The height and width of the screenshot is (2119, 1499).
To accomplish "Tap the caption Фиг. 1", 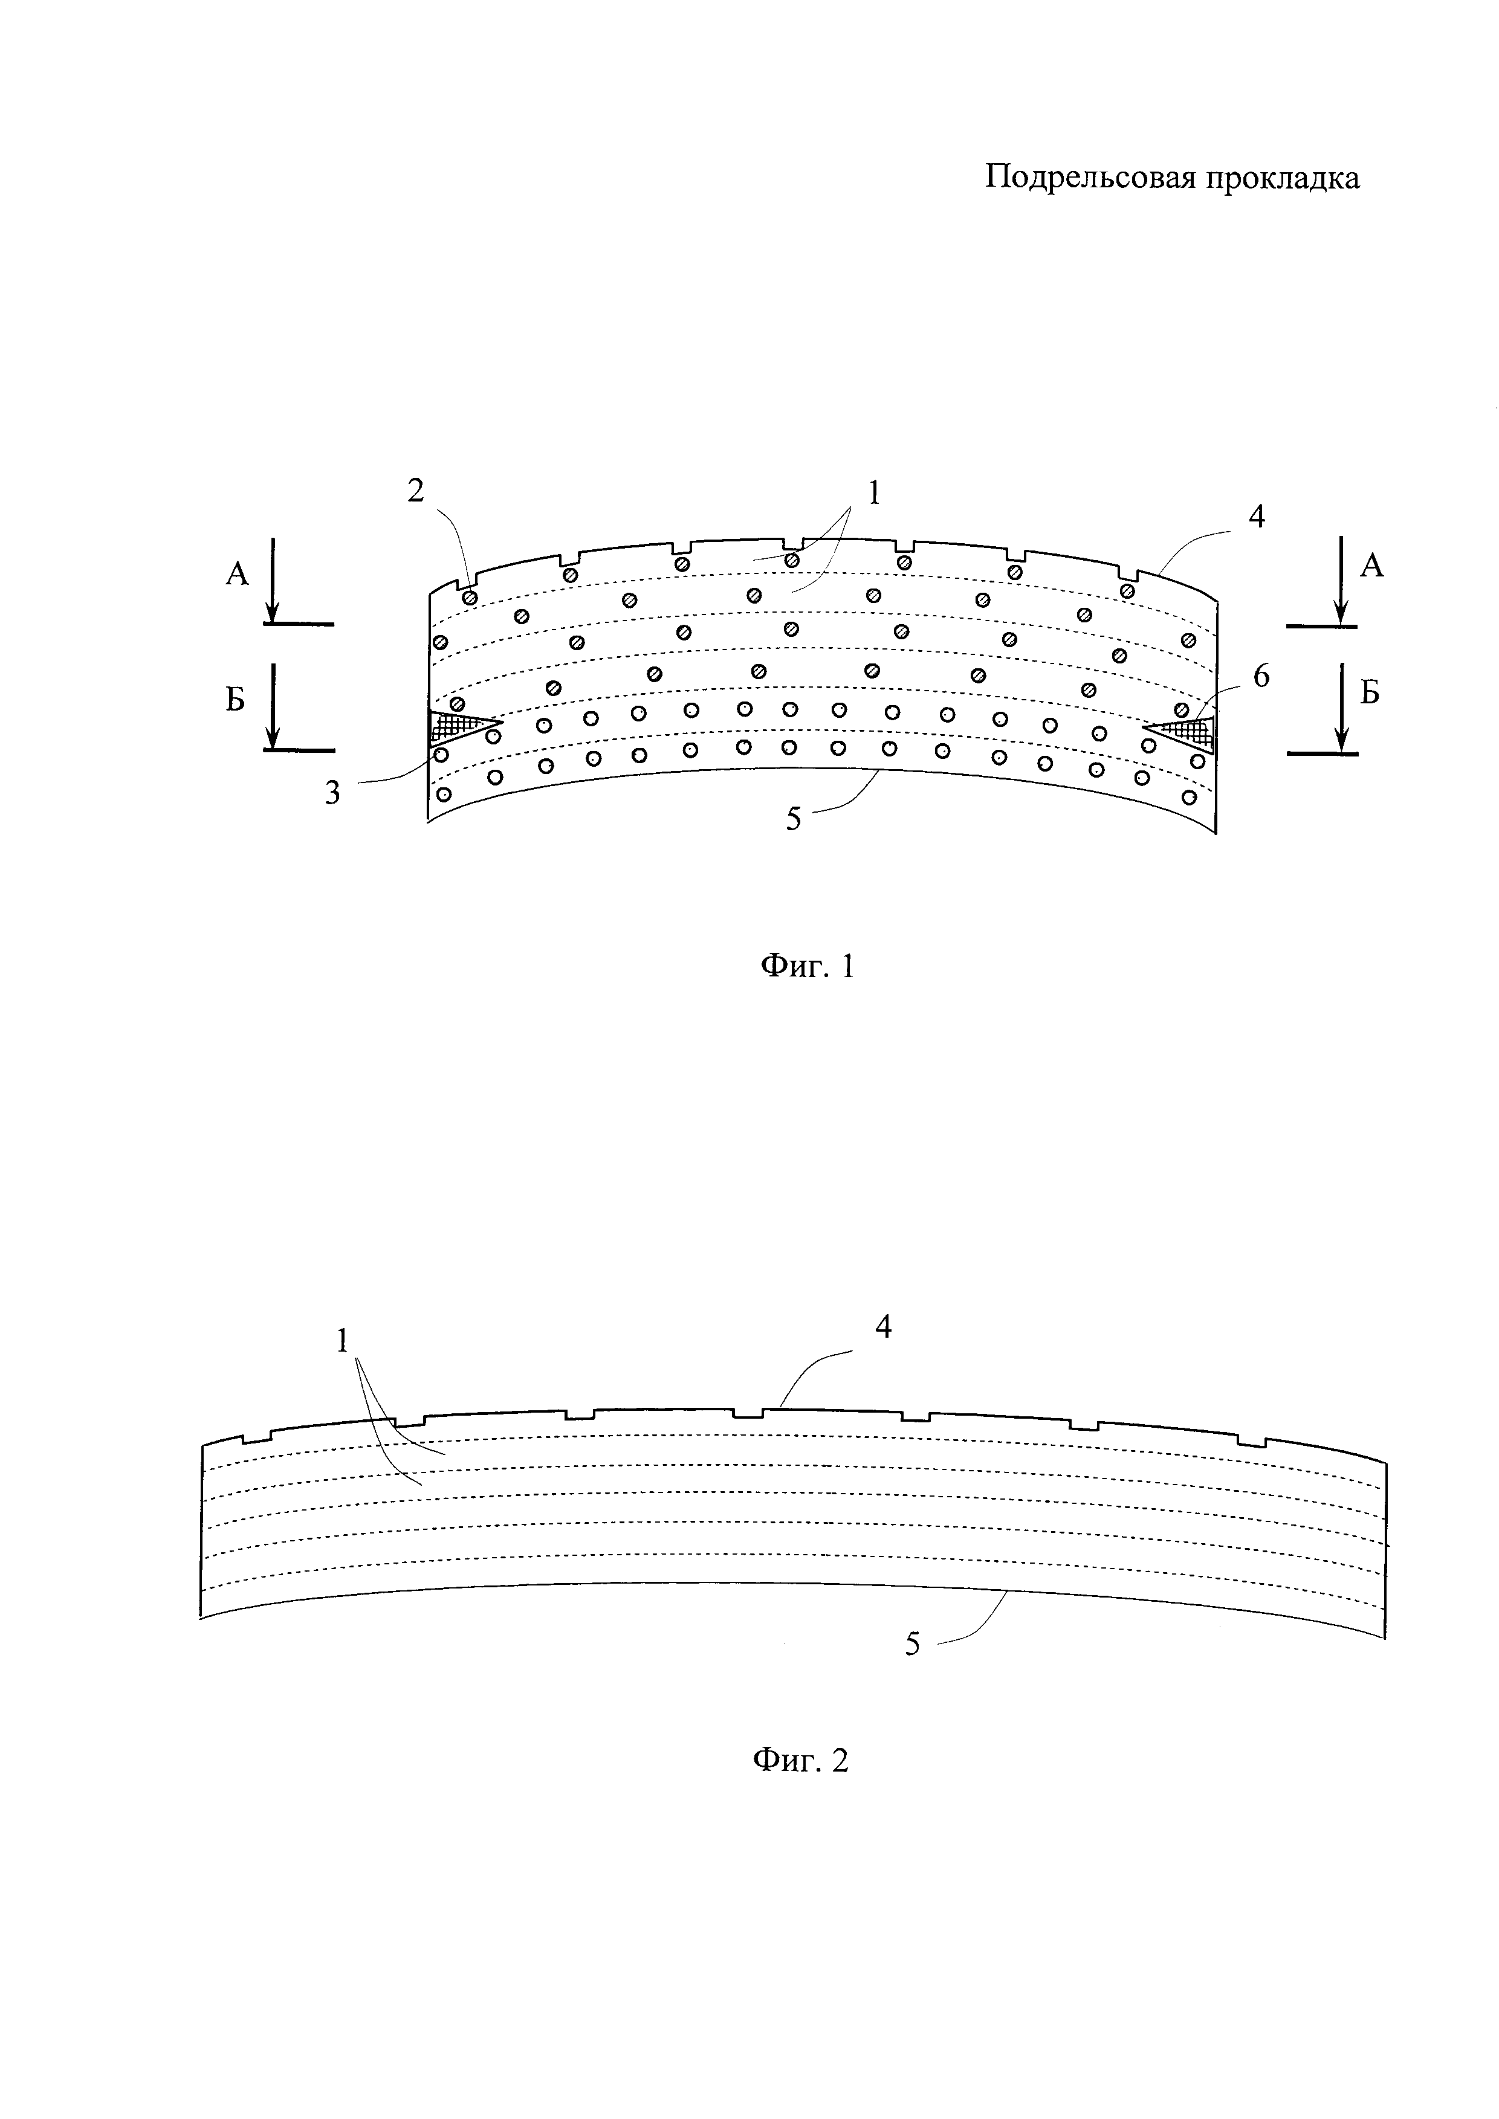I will [807, 966].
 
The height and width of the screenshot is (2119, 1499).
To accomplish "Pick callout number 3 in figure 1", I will [332, 792].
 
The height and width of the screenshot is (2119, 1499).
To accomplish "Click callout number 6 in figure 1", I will [1261, 677].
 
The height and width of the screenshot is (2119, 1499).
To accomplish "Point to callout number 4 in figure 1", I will [1255, 516].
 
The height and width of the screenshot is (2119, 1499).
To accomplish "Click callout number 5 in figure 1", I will [794, 819].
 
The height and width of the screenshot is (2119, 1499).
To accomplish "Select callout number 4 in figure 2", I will [883, 1327].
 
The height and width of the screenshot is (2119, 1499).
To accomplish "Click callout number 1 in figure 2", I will [343, 1340].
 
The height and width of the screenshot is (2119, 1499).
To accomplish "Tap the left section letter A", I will [237, 574].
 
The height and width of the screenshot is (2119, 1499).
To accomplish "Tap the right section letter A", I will [1373, 565].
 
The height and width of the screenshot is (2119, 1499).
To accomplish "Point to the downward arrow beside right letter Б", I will [1343, 706].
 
